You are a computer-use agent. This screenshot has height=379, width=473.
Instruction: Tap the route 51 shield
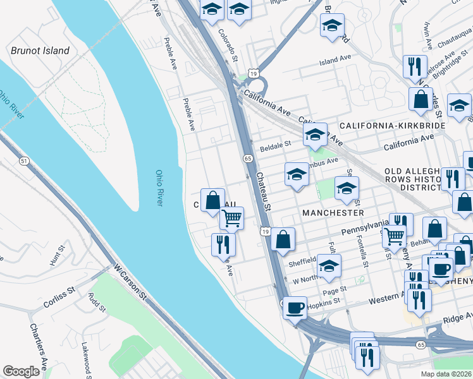point(24,161)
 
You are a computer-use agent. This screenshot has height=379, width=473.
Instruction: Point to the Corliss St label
point(59,297)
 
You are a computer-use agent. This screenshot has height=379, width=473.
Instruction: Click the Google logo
point(21,371)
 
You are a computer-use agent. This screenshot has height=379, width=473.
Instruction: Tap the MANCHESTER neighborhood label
point(333,213)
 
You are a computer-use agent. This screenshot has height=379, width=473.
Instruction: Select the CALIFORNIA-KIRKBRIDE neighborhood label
point(393,126)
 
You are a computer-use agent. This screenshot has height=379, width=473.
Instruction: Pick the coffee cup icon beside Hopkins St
point(295,308)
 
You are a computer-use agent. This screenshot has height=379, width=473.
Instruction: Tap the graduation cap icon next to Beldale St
point(315,135)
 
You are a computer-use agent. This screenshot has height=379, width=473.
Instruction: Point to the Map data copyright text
point(446,374)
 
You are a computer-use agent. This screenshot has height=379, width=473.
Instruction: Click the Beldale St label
point(275,143)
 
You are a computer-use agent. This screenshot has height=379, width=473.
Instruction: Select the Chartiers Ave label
point(39,347)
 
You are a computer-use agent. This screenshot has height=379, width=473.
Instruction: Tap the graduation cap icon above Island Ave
point(332,27)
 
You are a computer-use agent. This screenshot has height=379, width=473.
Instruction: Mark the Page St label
point(335,289)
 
